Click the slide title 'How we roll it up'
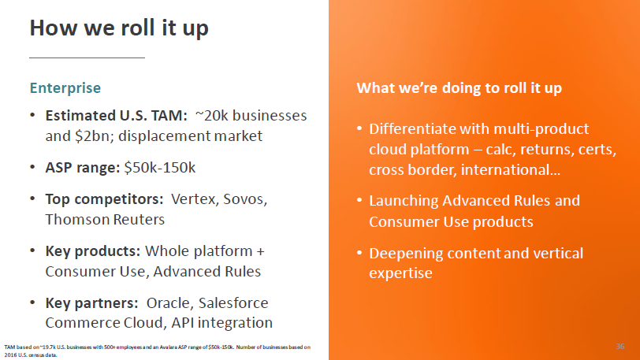[x=119, y=28]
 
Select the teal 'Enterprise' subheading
[x=65, y=87]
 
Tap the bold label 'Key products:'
[x=93, y=251]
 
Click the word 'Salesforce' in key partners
[x=235, y=302]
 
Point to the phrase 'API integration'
[x=224, y=322]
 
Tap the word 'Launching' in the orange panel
[x=403, y=201]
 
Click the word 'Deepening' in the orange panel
[x=404, y=253]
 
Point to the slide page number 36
[x=619, y=346]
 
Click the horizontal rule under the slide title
[x=87, y=58]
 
